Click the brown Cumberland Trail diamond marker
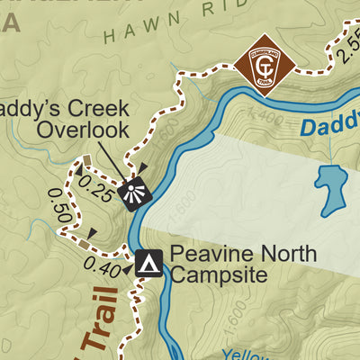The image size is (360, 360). (260, 63)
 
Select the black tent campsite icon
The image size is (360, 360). (148, 262)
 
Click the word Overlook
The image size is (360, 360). (79, 130)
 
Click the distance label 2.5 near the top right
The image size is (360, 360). (346, 51)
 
